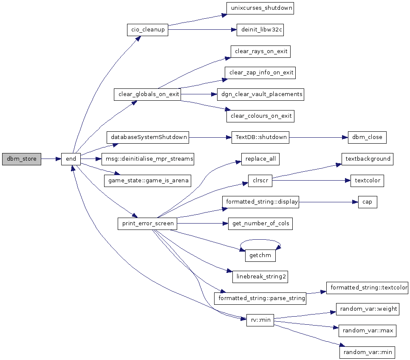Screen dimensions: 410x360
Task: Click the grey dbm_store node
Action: click(22, 159)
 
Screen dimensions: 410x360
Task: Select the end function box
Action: click(71, 159)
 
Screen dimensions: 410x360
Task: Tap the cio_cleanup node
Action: click(148, 30)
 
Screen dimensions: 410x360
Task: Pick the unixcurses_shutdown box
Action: click(260, 9)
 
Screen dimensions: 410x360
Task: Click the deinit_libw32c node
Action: click(260, 30)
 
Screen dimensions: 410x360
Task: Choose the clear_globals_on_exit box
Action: click(147, 94)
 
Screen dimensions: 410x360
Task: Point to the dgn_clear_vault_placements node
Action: click(261, 94)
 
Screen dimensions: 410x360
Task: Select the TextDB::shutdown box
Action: click(260, 137)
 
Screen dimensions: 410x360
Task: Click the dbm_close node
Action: click(367, 137)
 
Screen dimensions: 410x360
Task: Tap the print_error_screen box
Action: click(147, 224)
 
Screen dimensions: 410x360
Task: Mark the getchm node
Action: click(260, 255)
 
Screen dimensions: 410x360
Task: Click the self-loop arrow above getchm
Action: click(260, 240)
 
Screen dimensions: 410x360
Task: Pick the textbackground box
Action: click(368, 159)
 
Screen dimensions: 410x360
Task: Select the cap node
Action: click(368, 202)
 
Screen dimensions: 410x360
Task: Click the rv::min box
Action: click(260, 320)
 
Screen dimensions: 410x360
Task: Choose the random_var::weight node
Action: click(368, 309)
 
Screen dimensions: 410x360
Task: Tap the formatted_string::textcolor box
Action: click(368, 288)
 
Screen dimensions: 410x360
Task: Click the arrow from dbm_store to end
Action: click(51, 159)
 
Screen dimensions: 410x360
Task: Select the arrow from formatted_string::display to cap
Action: click(328, 202)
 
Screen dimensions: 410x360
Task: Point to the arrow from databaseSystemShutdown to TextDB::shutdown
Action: click(210, 137)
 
